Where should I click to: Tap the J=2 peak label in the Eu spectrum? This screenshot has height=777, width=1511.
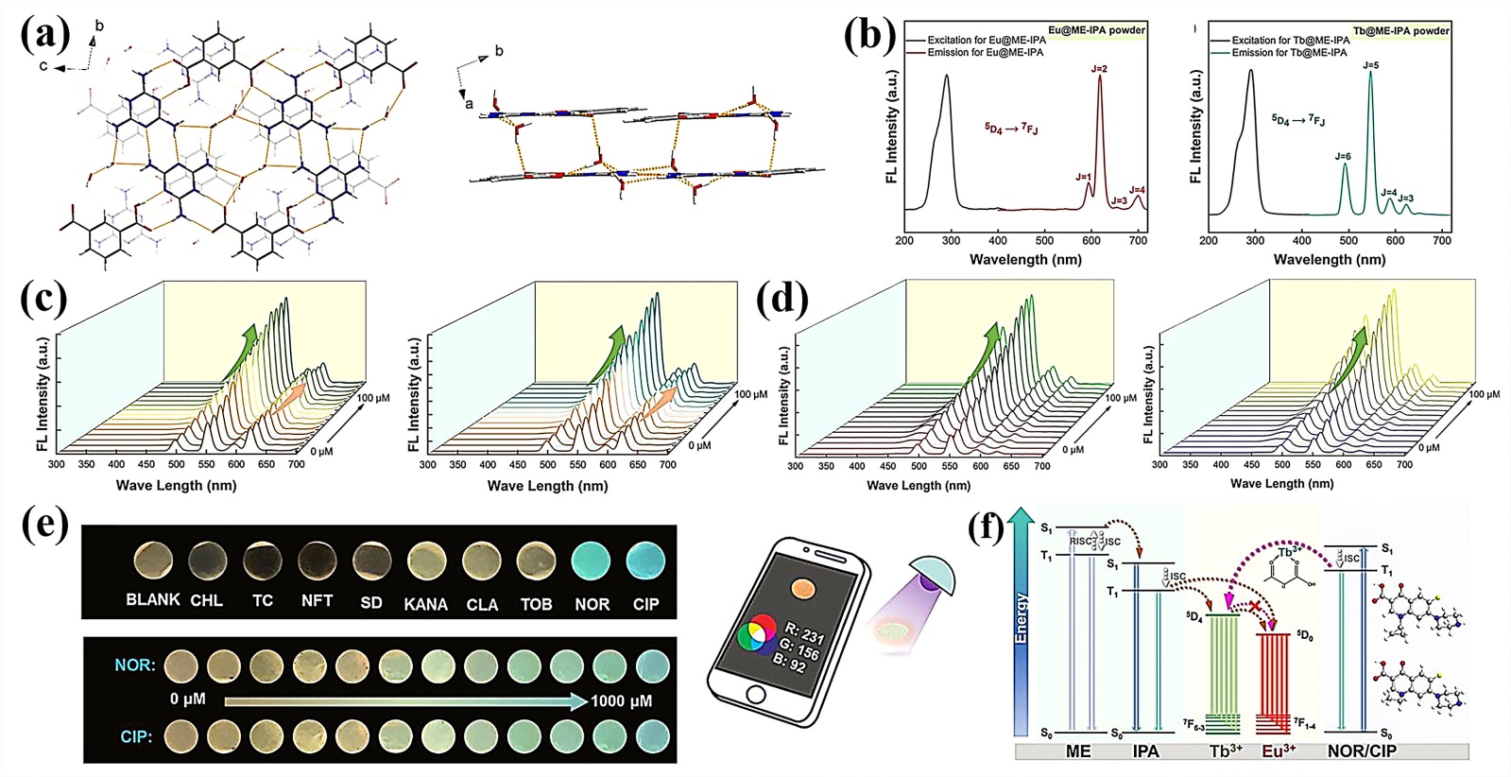click(1099, 69)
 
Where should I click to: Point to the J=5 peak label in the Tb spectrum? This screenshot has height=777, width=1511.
click(1370, 65)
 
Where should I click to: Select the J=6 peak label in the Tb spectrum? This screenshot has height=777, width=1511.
click(1343, 156)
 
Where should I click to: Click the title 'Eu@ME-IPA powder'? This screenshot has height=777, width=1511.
click(1096, 30)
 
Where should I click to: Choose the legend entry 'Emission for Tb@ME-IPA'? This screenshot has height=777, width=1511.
click(1289, 53)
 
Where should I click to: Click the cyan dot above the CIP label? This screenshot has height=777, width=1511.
click(645, 560)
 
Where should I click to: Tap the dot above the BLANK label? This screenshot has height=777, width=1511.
click(153, 561)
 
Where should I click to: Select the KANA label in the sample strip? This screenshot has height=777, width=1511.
click(425, 604)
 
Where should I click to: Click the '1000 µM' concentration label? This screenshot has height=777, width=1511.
click(621, 700)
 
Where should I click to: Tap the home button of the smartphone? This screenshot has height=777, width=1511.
click(755, 695)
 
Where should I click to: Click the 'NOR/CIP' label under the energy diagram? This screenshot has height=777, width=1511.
click(1361, 751)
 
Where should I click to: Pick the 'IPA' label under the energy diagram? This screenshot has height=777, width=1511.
click(1145, 751)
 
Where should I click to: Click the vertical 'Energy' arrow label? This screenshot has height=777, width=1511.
click(1021, 619)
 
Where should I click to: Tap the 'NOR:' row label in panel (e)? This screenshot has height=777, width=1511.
click(134, 665)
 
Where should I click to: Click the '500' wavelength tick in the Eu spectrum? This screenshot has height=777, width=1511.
click(1044, 241)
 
